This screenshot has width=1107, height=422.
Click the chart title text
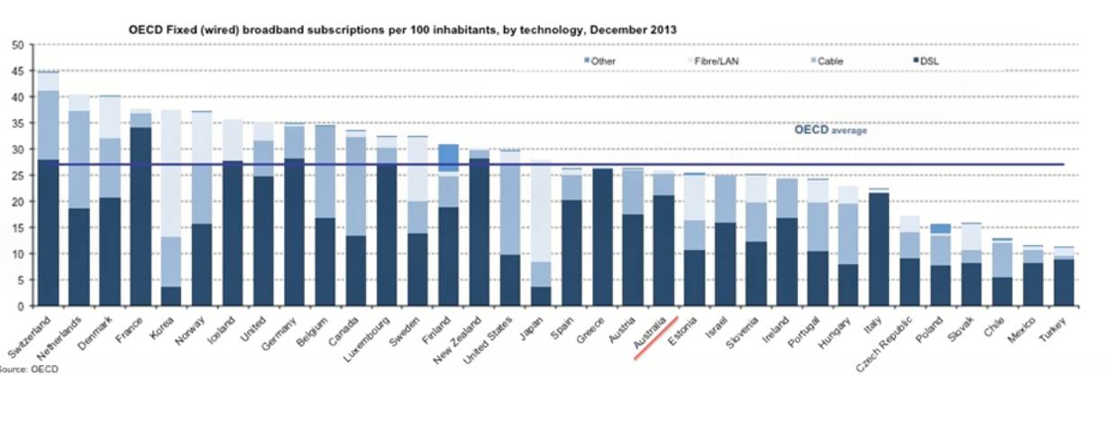tap(404, 30)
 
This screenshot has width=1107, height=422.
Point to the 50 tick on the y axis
tap(18, 45)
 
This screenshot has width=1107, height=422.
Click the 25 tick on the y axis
tap(18, 176)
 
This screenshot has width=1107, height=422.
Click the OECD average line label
tap(830, 130)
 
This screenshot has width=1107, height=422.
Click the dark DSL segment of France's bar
tap(140, 216)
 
